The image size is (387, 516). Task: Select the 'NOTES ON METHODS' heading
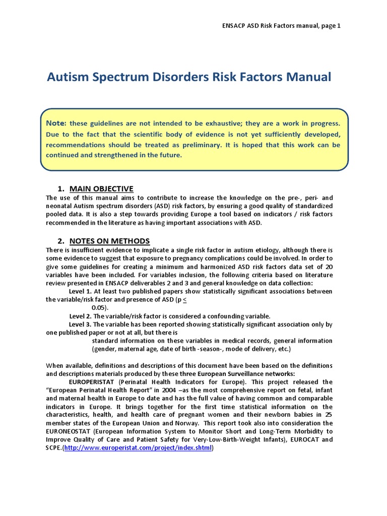click(x=109, y=241)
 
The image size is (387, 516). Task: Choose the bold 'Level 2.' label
click(x=81, y=316)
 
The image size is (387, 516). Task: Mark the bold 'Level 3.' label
click(x=80, y=324)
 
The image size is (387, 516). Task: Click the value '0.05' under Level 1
click(x=100, y=307)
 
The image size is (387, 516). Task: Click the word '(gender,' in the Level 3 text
click(x=104, y=349)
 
